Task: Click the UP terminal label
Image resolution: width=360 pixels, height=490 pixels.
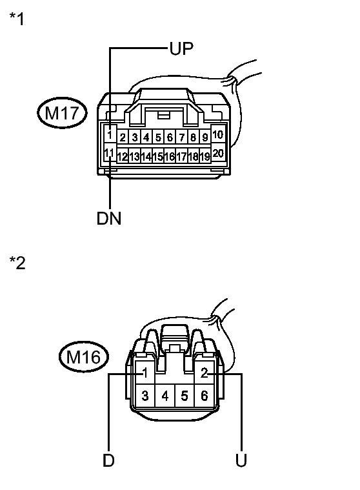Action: pos(181,48)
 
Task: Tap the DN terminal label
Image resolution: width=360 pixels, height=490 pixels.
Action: pos(108,218)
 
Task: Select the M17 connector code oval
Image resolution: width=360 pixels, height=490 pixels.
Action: pos(62,112)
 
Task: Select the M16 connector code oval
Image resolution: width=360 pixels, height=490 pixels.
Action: pos(84,356)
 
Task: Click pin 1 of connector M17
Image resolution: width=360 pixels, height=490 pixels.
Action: pos(110,135)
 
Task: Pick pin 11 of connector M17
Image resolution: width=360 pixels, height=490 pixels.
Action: pos(109,153)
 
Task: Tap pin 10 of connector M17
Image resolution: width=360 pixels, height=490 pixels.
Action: pos(217,134)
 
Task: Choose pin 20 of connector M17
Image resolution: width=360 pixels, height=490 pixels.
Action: pos(218,153)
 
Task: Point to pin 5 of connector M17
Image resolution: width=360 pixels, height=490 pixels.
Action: pos(158,138)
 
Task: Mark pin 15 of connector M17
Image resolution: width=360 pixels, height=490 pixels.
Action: pos(158,156)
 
